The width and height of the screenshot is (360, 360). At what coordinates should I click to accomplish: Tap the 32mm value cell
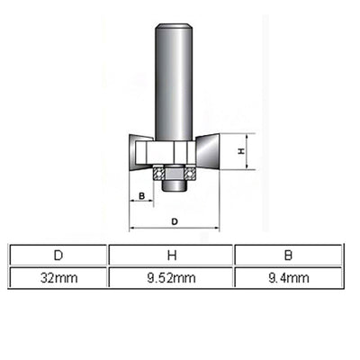(x=58, y=279)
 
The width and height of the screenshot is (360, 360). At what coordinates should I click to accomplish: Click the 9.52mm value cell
(x=171, y=279)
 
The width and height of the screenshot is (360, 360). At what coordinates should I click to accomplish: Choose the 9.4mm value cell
(x=287, y=279)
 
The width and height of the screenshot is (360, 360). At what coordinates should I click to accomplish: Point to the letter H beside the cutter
(x=240, y=153)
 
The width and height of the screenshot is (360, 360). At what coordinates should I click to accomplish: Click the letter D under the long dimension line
(x=175, y=220)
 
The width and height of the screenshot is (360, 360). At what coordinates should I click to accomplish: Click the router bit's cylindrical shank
(x=174, y=81)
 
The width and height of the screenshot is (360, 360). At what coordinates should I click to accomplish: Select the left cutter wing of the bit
(x=141, y=152)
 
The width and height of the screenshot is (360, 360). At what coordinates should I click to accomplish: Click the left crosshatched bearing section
(x=159, y=171)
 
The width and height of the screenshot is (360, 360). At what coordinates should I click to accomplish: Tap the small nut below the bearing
(x=174, y=184)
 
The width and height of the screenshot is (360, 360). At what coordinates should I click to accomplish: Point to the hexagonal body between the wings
(x=174, y=150)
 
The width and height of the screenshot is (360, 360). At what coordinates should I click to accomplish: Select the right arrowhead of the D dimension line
(x=217, y=229)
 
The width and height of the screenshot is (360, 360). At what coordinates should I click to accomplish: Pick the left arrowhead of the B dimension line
(x=131, y=203)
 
